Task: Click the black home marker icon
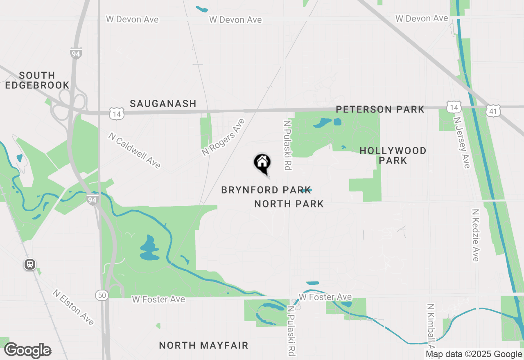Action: click(x=262, y=163)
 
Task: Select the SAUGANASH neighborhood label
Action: click(x=163, y=104)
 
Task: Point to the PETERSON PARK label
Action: click(x=380, y=109)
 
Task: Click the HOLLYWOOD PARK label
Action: click(x=393, y=155)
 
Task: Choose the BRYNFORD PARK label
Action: click(x=266, y=190)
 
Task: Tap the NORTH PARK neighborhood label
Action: click(x=289, y=204)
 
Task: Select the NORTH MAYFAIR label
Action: click(x=203, y=345)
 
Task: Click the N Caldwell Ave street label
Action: click(x=134, y=150)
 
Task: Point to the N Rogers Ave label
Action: click(x=223, y=137)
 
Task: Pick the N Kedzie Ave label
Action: click(x=475, y=235)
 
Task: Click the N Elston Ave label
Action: click(x=73, y=307)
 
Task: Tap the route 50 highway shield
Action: click(x=102, y=295)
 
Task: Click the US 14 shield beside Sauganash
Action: click(x=117, y=113)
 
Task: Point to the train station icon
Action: click(x=30, y=264)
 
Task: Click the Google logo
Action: click(x=28, y=350)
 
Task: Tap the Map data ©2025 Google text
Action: click(x=474, y=354)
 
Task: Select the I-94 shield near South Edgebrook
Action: click(x=76, y=53)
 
